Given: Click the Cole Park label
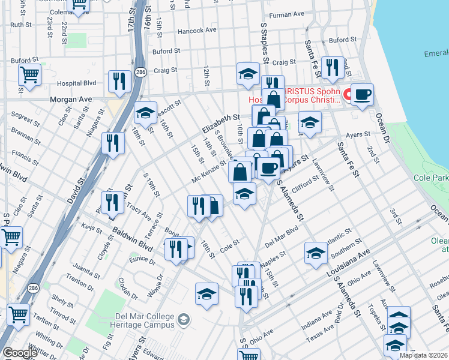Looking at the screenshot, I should click(431, 178).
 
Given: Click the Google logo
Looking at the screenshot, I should click(20, 353).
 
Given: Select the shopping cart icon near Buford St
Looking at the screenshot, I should click(29, 75).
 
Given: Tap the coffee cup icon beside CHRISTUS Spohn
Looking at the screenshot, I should click(362, 95).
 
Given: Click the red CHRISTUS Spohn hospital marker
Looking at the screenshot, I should click(346, 95).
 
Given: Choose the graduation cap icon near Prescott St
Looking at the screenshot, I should click(145, 112).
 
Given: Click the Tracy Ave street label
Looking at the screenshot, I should click(139, 211).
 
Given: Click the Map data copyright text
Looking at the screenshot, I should click(423, 355).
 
